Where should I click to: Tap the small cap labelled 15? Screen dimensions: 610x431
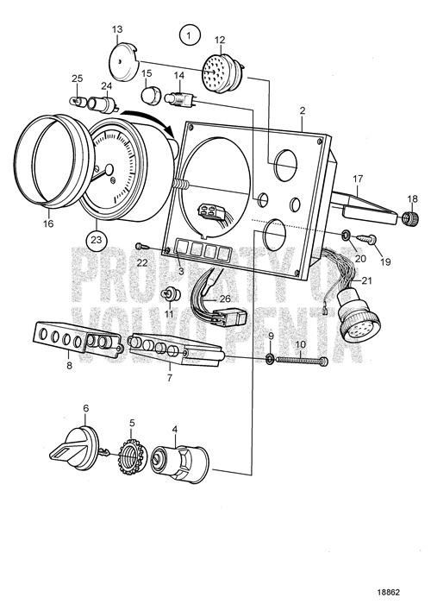(152, 93)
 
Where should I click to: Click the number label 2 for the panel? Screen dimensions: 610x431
(303, 110)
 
